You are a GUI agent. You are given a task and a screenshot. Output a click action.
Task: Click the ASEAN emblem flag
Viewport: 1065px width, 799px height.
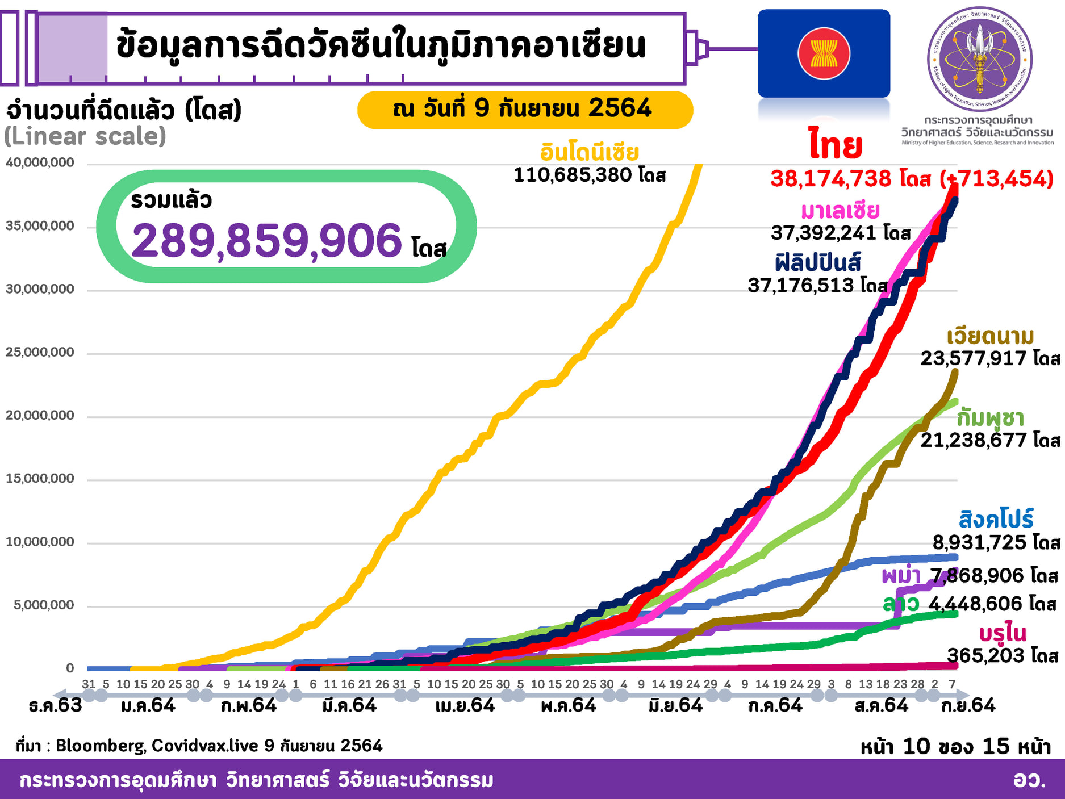tap(824, 53)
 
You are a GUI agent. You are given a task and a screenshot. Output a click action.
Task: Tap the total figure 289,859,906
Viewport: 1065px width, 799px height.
tap(267, 240)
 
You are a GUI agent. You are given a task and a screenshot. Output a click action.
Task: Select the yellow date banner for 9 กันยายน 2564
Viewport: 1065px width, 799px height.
tap(524, 109)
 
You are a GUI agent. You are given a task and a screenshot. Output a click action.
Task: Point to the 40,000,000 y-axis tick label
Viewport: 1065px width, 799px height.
tap(40, 163)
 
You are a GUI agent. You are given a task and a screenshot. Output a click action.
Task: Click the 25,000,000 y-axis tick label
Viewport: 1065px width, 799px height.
tap(40, 353)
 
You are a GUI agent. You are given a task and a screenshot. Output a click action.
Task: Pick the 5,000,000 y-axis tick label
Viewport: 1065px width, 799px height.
tap(44, 605)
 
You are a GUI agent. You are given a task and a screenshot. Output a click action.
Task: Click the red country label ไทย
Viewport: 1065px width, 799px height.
tap(836, 145)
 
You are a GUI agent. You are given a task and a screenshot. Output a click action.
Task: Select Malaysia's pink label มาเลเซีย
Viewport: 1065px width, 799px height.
tap(840, 211)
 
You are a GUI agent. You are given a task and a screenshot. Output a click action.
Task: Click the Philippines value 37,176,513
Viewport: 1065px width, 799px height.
tap(801, 285)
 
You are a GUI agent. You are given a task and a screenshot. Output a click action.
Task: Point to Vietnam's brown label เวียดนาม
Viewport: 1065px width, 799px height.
tap(990, 336)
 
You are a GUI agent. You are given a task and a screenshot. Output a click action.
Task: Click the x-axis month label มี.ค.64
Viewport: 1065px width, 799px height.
tap(349, 705)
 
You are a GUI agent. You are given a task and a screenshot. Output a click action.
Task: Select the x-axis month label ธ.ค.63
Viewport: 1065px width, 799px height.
tap(55, 705)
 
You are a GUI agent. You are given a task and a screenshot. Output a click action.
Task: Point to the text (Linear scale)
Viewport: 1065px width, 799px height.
tap(85, 136)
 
